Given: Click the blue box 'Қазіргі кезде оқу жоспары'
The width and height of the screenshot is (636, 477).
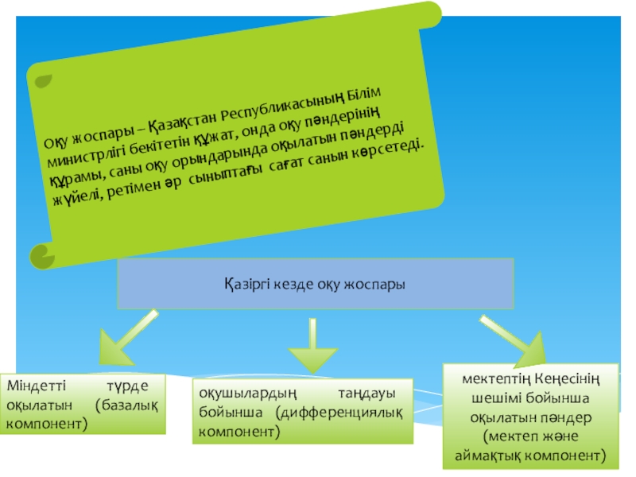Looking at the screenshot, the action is (x=316, y=283).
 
